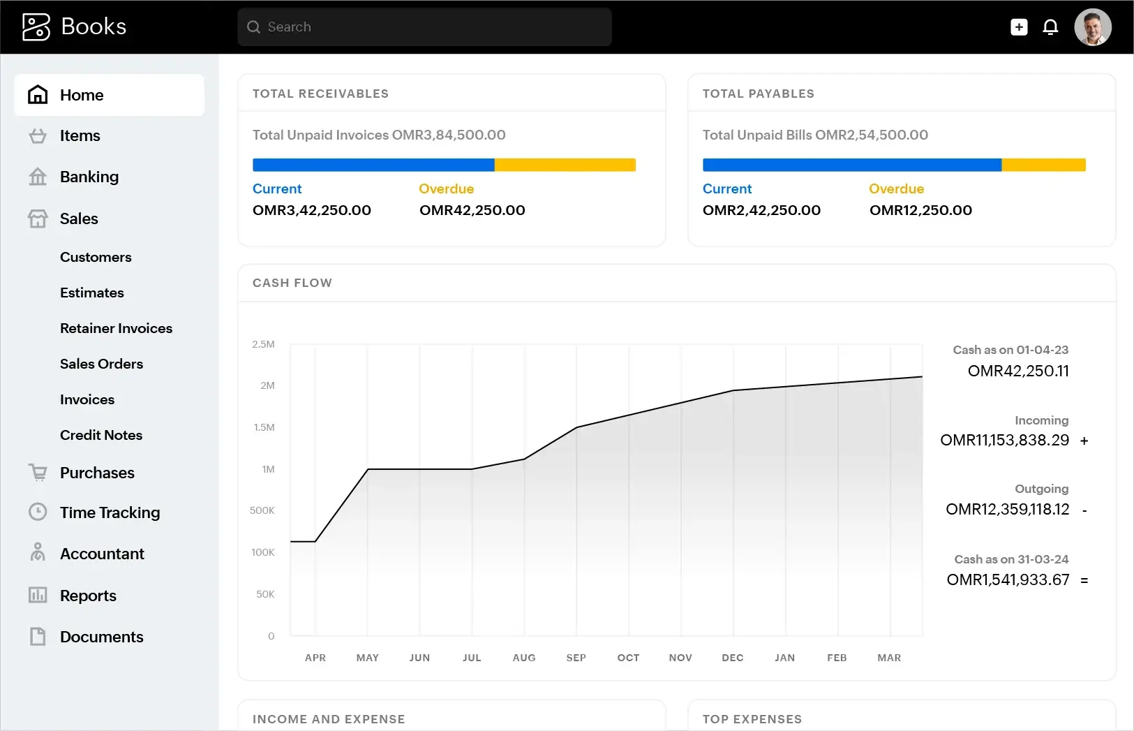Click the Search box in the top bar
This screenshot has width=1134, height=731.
424,27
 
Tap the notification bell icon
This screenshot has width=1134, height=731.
1050,27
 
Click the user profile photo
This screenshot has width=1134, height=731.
1092,27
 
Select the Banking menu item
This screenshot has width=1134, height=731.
89,177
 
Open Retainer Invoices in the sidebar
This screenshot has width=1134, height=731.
116,329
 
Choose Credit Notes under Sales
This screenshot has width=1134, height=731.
101,436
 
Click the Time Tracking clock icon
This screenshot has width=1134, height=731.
38,512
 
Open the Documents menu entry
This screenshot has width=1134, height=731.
101,637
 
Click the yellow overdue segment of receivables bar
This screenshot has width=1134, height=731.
565,165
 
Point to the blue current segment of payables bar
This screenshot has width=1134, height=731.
851,165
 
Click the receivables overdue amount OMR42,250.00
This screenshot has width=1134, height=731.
472,211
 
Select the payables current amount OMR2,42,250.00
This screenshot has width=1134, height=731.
761,211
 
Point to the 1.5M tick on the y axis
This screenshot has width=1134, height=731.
264,427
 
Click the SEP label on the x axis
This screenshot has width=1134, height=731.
576,658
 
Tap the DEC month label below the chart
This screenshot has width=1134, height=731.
732,658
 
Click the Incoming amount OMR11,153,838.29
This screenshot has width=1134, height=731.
1004,441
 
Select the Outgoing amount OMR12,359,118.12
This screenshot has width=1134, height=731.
1007,510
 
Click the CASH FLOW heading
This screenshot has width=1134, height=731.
292,283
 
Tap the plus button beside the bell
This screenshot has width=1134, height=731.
1019,27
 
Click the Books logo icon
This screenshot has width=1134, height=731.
36,27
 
